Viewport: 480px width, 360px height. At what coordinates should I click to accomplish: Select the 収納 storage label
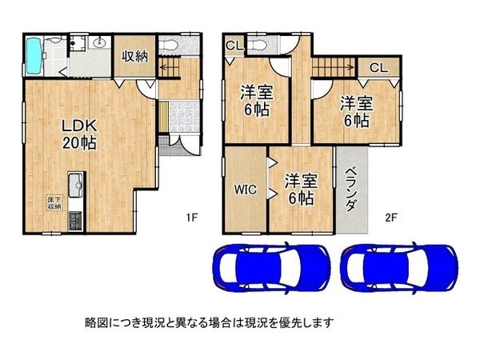pos(134,57)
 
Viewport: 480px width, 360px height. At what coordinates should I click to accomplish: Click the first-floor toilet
pos(170,46)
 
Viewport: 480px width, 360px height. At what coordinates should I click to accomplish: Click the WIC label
pos(244,190)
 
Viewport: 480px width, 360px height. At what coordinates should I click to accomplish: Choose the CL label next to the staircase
pos(378,69)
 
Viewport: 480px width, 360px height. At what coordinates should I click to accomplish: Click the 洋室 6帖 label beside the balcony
pos(354,112)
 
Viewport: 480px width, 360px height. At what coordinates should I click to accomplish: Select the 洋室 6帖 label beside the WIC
pos(298,187)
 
